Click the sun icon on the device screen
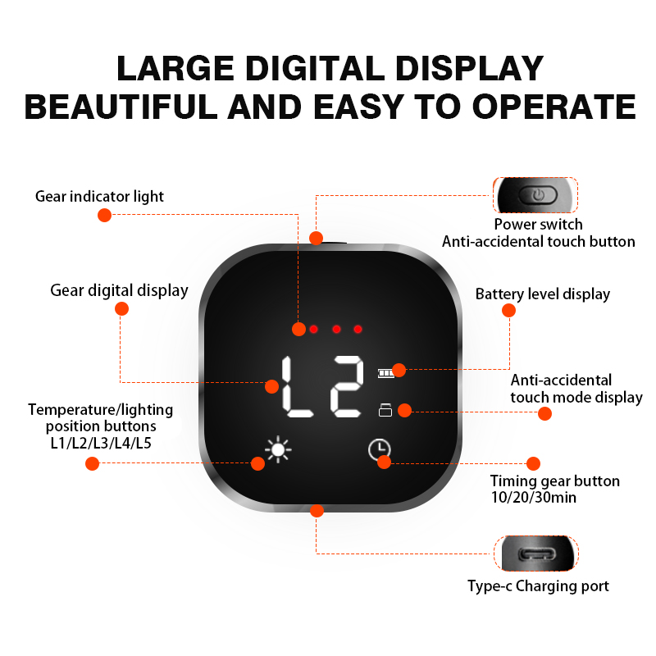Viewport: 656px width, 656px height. click(x=278, y=449)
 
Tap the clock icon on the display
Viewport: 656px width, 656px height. click(x=379, y=449)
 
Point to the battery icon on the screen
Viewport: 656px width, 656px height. click(x=385, y=373)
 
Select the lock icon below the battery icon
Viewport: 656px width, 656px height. click(x=385, y=410)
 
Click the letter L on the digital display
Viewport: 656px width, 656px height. click(x=296, y=386)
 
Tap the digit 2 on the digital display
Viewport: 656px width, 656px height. click(x=347, y=386)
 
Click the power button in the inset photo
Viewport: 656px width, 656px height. click(x=538, y=194)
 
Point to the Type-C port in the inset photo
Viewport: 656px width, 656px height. click(x=538, y=554)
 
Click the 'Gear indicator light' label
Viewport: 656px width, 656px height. click(x=99, y=196)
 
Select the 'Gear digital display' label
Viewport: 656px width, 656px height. click(x=119, y=290)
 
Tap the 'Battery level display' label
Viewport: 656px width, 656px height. click(x=543, y=294)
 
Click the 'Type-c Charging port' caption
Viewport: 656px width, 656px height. click(x=538, y=586)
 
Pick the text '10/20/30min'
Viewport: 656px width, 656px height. click(x=534, y=498)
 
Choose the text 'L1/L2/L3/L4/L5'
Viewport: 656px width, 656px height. click(x=101, y=443)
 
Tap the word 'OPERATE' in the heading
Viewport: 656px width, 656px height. click(x=554, y=107)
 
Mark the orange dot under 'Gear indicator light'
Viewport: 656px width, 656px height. click(x=104, y=215)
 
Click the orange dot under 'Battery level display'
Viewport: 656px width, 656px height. click(x=508, y=311)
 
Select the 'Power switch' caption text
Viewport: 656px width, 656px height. click(x=539, y=224)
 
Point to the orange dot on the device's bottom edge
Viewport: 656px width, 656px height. click(x=317, y=510)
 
